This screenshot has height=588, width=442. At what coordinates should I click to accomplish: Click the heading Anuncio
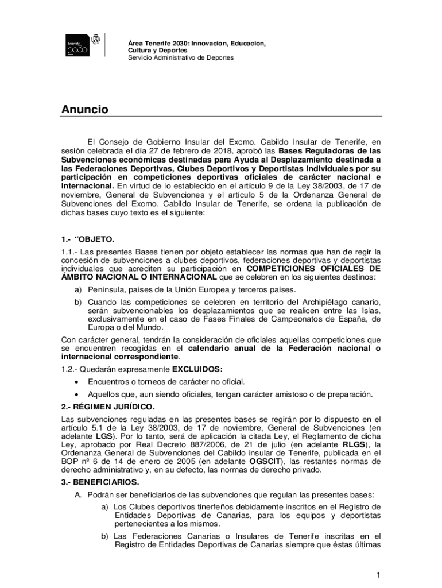85,110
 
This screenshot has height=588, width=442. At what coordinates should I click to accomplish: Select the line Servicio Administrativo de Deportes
180,58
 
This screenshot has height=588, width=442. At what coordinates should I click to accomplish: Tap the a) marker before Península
76,289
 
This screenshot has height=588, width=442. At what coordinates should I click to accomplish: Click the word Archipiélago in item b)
330,302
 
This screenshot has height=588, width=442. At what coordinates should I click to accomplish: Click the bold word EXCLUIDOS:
197,368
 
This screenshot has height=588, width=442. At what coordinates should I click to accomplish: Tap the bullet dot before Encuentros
76,381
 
